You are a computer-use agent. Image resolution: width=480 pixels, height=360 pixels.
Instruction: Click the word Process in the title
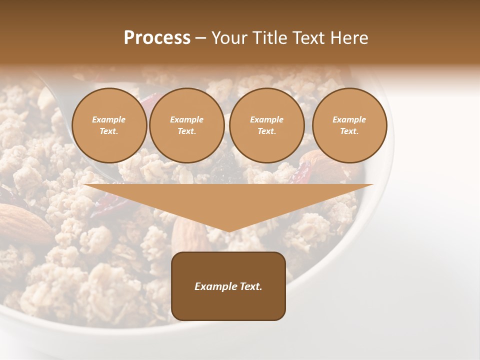click(x=157, y=38)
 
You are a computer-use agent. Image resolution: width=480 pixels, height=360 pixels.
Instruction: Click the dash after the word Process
click(x=200, y=38)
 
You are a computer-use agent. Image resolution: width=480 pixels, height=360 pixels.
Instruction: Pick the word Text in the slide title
click(x=309, y=38)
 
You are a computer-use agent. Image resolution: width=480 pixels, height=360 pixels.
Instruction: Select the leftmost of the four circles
click(x=109, y=125)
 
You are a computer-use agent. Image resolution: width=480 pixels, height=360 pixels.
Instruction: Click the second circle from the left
click(x=186, y=125)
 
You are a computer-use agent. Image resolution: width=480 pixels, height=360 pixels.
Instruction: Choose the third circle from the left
click(x=266, y=125)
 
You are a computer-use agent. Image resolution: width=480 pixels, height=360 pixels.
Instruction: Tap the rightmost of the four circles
click(x=349, y=125)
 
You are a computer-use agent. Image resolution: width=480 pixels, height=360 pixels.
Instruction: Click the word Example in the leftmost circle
click(x=109, y=119)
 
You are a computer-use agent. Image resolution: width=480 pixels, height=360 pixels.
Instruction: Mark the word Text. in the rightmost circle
click(x=349, y=131)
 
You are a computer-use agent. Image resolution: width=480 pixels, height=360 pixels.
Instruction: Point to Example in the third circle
click(x=266, y=119)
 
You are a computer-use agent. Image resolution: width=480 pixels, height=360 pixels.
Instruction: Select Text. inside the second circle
click(x=186, y=131)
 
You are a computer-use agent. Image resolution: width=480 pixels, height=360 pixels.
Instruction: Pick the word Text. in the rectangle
click(x=250, y=286)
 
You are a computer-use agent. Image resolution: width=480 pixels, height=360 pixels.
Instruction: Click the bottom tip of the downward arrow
click(x=228, y=231)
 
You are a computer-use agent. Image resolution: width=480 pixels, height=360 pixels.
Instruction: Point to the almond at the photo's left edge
click(x=22, y=222)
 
